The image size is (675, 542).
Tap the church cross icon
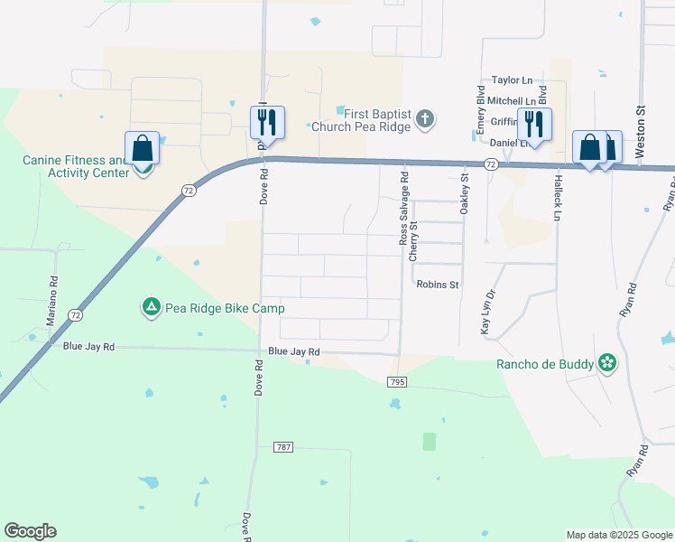click(x=426, y=118)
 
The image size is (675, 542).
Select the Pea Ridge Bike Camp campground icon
click(x=151, y=308)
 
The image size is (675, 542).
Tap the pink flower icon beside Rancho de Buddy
click(x=608, y=363)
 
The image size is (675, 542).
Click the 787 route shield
click(x=283, y=447)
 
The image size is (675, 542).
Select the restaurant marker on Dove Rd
click(x=267, y=121)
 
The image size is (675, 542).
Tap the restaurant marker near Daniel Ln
click(x=534, y=124)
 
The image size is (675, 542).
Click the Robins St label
click(x=438, y=285)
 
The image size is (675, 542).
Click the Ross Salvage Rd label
click(x=403, y=209)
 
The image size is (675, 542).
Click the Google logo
click(x=30, y=531)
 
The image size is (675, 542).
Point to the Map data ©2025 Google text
click(x=619, y=535)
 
